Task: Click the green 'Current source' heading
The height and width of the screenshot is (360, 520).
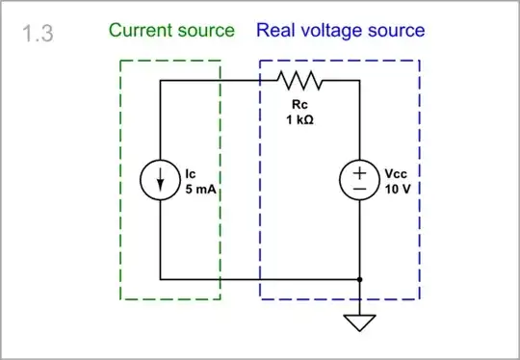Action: [x=171, y=30]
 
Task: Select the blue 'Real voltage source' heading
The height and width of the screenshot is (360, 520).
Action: [x=340, y=30]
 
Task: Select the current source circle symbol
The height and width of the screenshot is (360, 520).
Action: [x=160, y=180]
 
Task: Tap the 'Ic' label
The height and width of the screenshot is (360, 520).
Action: [x=191, y=173]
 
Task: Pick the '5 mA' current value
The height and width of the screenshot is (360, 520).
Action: [x=202, y=190]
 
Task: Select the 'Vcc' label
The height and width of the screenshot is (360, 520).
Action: [x=396, y=173]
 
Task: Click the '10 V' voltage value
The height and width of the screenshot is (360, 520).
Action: [x=398, y=190]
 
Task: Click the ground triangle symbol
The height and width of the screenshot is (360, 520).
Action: [x=359, y=321]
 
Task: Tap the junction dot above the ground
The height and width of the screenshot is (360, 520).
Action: [x=359, y=279]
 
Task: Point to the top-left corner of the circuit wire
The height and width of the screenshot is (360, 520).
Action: [x=160, y=81]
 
